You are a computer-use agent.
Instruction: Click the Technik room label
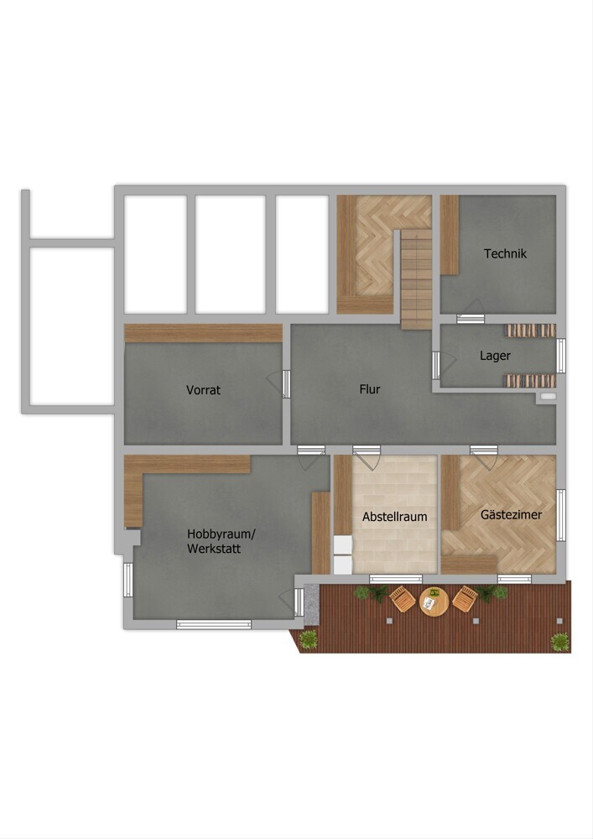505,253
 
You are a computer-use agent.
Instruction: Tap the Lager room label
495,356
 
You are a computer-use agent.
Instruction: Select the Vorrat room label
203,390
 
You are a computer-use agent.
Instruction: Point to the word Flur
370,389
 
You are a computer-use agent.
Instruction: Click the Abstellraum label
394,517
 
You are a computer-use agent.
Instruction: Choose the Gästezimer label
511,515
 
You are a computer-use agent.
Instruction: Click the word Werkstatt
214,549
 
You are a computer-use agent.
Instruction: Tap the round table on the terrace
434,602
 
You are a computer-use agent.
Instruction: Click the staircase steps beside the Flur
416,279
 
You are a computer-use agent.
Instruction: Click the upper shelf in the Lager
530,331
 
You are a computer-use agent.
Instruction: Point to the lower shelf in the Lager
530,381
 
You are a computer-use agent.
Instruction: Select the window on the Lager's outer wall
561,356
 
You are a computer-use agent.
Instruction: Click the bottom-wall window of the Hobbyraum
214,624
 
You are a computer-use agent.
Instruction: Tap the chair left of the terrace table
403,599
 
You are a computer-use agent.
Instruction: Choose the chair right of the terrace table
466,599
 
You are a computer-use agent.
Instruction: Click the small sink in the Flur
548,397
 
